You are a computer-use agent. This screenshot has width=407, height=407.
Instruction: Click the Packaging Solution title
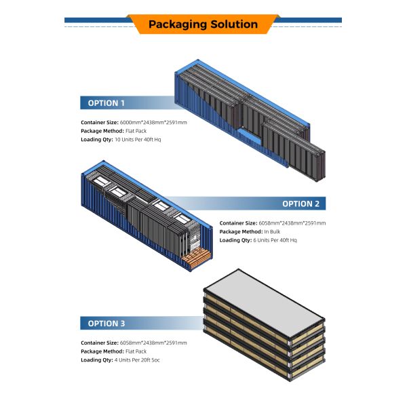203,24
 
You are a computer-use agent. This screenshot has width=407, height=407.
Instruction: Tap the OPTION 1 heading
106,103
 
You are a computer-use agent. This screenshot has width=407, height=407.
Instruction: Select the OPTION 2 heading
301,203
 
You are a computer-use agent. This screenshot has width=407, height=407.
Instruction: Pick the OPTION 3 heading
106,324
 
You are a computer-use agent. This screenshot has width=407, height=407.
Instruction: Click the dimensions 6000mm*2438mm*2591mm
153,123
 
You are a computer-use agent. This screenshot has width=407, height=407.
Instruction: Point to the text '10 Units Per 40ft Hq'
138,140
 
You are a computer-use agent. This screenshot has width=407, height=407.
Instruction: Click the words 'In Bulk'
272,231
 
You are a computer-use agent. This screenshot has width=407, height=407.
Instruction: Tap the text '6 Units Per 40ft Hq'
275,240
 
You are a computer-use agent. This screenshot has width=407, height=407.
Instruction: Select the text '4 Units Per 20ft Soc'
137,360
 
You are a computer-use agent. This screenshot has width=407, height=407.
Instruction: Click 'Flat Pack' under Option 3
136,351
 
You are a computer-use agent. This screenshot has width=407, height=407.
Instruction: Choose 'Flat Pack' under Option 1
136,131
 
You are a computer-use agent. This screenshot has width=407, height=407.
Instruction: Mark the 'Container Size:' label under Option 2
238,223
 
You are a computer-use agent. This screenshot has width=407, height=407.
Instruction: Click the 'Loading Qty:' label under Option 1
97,140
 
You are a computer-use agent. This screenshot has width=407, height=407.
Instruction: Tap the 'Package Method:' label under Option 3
102,351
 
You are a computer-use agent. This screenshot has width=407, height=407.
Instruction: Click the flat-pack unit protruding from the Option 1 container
294,151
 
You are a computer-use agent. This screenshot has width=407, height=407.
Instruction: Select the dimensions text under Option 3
153,343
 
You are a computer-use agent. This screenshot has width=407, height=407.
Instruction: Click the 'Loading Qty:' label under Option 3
97,360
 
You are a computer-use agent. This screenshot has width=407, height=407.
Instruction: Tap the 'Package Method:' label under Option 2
241,231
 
